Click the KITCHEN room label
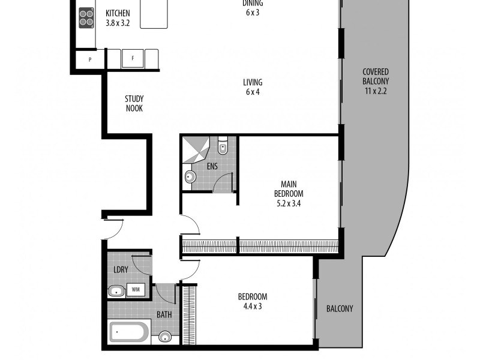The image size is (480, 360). tap(118, 13)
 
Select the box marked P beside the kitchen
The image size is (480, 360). tap(89, 60)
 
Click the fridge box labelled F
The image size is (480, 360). tap(133, 59)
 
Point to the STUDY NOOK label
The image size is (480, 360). tap(134, 103)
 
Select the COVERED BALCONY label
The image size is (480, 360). tap(376, 76)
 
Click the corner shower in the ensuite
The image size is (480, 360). tap(196, 149)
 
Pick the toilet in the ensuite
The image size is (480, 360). tap(223, 145)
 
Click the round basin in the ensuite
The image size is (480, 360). tap(190, 177)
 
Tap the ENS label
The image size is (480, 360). tap(212, 166)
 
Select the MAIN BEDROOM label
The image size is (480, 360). tap(289, 189)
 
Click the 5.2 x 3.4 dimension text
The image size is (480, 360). tap(289, 203)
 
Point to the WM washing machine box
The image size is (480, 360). tap(136, 290)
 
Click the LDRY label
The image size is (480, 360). tap(121, 270)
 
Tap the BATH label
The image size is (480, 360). tap(164, 314)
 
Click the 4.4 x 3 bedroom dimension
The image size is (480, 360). tap(252, 306)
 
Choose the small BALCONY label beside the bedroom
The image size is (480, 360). tap(340, 309)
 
